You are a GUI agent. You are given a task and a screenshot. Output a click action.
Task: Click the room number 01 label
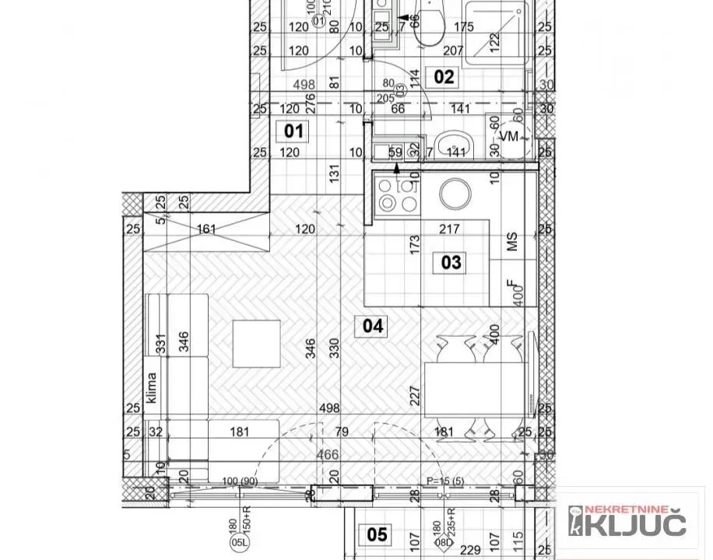(293, 131)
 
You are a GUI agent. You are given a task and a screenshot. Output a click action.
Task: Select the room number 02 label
(444, 76)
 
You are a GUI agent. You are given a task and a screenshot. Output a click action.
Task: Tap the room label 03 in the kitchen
(451, 262)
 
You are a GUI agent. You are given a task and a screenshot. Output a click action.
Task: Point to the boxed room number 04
(374, 326)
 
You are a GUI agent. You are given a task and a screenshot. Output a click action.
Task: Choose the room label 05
(378, 534)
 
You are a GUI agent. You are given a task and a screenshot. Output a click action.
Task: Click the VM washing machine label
(510, 137)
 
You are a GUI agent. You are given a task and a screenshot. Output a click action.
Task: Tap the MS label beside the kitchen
(512, 242)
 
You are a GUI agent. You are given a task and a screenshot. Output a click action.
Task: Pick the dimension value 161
(206, 229)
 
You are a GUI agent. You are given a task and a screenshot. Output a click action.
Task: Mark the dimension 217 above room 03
(450, 229)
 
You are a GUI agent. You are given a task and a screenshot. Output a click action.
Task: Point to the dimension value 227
(414, 397)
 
